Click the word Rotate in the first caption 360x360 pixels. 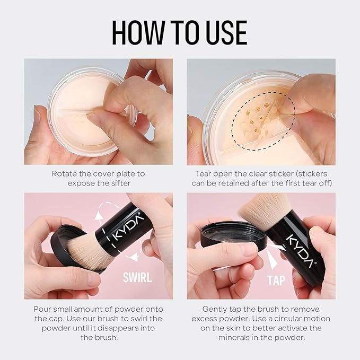64,173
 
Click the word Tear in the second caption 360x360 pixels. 204,173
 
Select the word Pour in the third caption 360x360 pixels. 43,309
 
